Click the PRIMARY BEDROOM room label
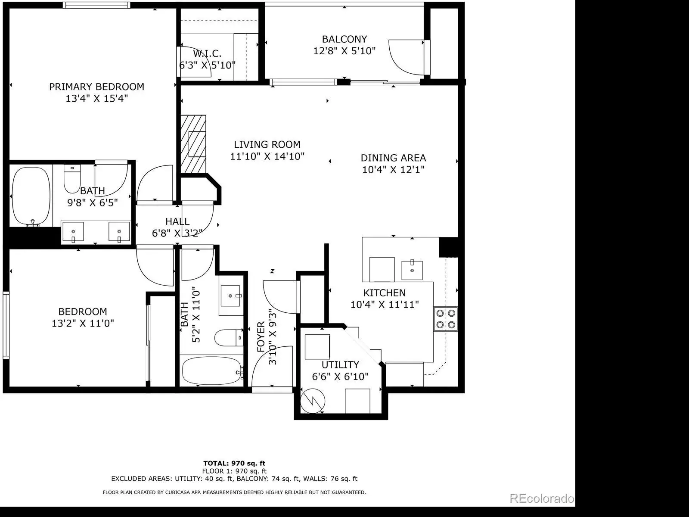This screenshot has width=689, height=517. pos(97,87)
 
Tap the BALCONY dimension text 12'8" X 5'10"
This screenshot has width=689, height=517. pos(344,50)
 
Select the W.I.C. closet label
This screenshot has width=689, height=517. pos(207,53)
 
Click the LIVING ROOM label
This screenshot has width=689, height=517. pos(267,144)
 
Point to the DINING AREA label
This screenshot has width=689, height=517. pos(393,158)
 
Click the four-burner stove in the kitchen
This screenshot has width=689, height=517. pos(446,319)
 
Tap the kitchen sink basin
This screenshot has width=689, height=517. pos(412,270)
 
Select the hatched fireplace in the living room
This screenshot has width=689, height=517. pos(193,144)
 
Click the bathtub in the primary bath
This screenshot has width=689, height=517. pos(31,196)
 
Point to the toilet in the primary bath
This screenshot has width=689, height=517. pos(72,179)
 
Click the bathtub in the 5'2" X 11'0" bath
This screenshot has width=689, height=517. pos(212,371)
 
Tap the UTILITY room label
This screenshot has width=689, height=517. pos(340,365)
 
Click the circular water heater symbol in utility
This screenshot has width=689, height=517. pos(312,401)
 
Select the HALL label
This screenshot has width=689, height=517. pos(177,221)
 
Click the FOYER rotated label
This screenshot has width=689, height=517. pos(261,337)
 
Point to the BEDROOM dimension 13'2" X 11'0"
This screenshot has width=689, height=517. pos(83,323)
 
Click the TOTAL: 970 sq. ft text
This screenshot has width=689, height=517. pos(234,463)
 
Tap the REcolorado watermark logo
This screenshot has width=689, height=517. pos(542,498)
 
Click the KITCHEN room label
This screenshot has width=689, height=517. pos(385,293)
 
